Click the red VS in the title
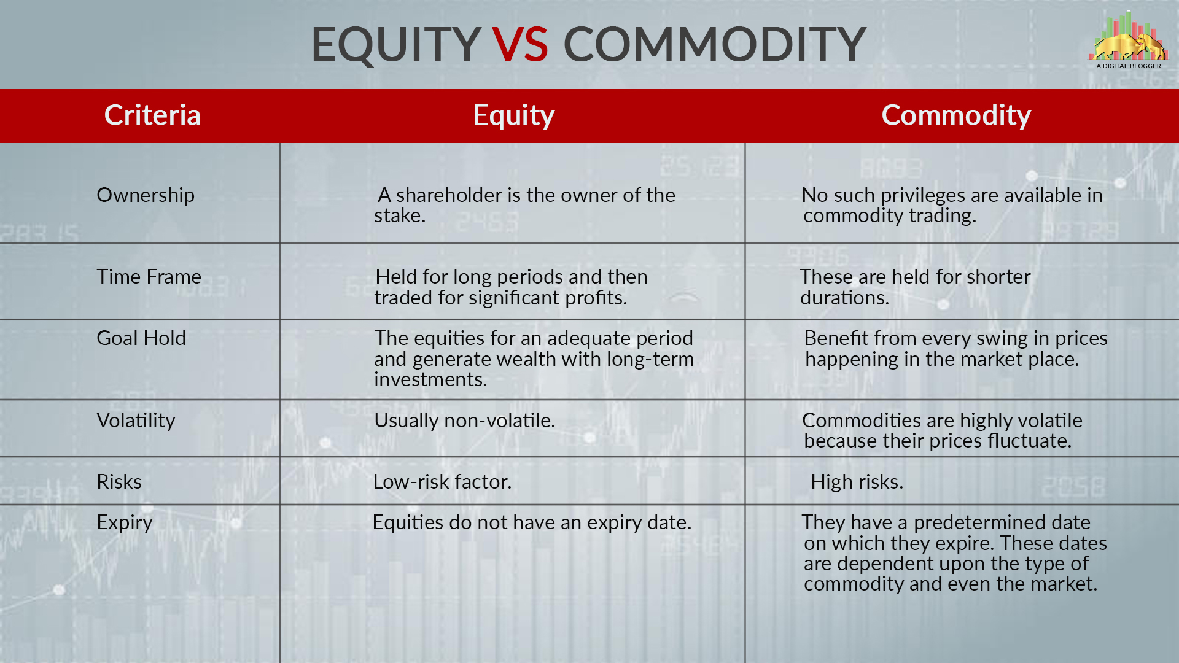(519, 44)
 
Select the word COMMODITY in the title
(714, 44)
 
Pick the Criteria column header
(152, 115)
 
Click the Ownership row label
(146, 195)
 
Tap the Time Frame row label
(149, 276)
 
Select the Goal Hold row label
(141, 338)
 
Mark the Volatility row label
(136, 420)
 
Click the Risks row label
(119, 481)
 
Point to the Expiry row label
(125, 523)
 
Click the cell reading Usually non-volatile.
(464, 420)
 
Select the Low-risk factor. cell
(442, 481)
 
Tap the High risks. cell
(857, 482)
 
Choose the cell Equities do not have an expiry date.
(532, 522)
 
